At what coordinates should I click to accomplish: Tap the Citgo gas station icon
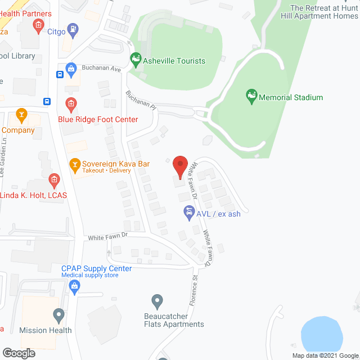point(73,28)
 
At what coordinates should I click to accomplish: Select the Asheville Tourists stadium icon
point(135,58)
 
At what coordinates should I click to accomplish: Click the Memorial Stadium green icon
point(251,97)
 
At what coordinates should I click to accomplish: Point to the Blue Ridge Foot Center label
point(98,119)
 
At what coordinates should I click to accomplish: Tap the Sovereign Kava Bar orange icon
point(74,164)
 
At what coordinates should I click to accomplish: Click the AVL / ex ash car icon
point(188,213)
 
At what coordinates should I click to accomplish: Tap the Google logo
point(18,353)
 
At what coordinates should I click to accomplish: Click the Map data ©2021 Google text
point(323,355)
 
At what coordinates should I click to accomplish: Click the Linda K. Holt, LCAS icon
point(54,181)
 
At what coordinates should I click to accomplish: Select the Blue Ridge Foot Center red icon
point(71,103)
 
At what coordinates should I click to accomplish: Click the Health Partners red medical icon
point(38,24)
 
